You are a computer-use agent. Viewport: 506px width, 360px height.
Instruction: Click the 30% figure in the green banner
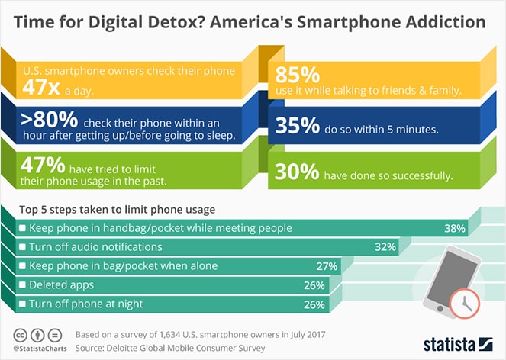pos(298,173)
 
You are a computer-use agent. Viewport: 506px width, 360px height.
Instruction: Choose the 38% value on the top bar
pos(455,228)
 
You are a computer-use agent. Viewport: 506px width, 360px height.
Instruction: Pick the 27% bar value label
pos(327,266)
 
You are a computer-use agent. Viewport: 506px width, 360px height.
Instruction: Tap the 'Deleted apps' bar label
pos(60,284)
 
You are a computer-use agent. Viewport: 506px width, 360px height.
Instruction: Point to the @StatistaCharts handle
pos(37,349)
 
